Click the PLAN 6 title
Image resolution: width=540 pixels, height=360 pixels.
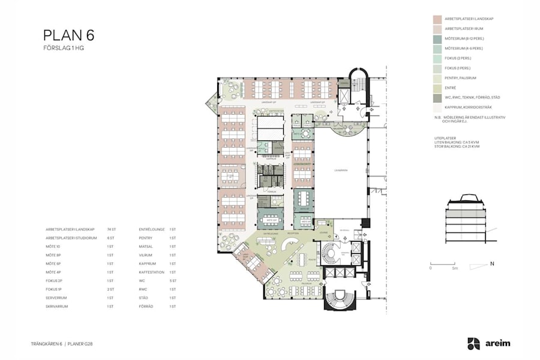pos(69,35)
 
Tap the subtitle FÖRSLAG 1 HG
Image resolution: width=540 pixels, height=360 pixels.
pos(64,48)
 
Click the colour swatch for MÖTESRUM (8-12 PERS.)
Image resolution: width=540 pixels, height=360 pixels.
pos(437,38)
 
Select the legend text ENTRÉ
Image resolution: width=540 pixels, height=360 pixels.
pos(451,88)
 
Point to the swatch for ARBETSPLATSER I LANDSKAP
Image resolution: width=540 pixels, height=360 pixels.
pos(437,19)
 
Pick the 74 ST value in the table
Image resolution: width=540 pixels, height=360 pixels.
pos(111,229)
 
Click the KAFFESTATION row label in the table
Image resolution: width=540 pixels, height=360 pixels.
pos(153,272)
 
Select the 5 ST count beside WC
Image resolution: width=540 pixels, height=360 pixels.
pos(173,281)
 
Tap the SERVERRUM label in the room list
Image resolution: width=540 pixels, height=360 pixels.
pos(56,298)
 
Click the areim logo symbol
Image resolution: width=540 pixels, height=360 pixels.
pos(473,344)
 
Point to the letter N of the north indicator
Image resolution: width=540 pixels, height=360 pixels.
pos(491,263)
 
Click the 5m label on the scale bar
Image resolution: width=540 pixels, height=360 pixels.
pos(455,268)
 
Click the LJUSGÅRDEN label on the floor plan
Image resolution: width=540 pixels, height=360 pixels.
pos(341,170)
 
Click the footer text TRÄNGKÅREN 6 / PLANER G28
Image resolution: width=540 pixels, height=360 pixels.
pos(61,344)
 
